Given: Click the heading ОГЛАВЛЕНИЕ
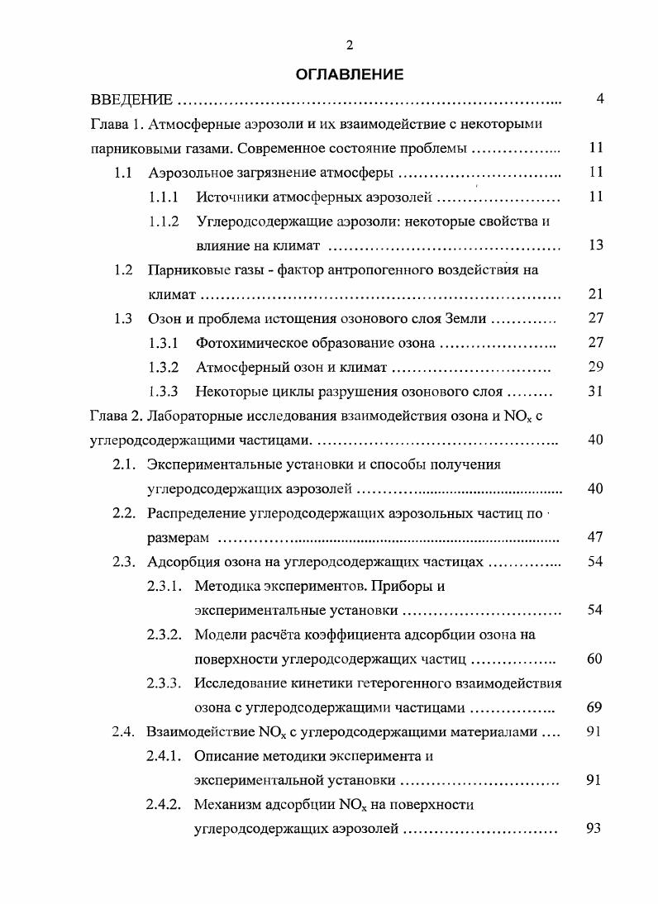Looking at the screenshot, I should (x=350, y=75).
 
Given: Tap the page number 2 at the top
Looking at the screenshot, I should (x=350, y=45).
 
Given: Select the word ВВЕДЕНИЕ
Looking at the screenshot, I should (x=131, y=100).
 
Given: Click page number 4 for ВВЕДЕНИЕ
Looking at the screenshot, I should (x=601, y=100).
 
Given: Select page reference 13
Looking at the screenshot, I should (x=595, y=245).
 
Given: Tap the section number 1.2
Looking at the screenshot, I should (x=123, y=269).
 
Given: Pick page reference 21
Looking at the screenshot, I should (x=595, y=294).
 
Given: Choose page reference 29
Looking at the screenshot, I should (x=595, y=367).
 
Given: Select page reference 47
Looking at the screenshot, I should (x=595, y=537).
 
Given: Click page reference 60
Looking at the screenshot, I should (x=595, y=659).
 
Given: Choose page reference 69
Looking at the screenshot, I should (x=595, y=708).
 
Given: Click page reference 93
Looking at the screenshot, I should (x=592, y=829).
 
